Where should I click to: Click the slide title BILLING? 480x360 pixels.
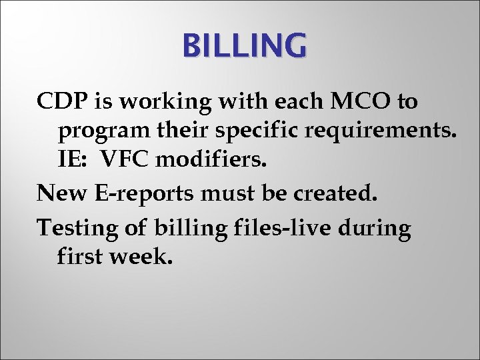(245, 47)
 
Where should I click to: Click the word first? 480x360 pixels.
(80, 255)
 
